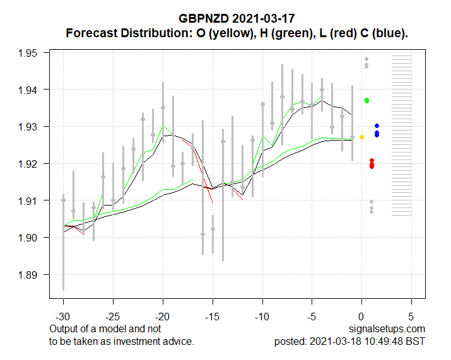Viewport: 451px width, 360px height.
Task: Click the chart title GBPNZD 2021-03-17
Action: point(237,20)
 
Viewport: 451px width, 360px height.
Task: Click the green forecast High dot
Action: point(366,101)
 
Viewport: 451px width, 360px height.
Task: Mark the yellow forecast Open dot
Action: point(361,137)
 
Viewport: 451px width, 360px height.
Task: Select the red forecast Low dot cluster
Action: point(372,164)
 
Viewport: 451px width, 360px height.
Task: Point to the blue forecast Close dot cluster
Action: point(377,131)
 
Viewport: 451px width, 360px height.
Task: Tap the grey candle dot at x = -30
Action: point(63,200)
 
